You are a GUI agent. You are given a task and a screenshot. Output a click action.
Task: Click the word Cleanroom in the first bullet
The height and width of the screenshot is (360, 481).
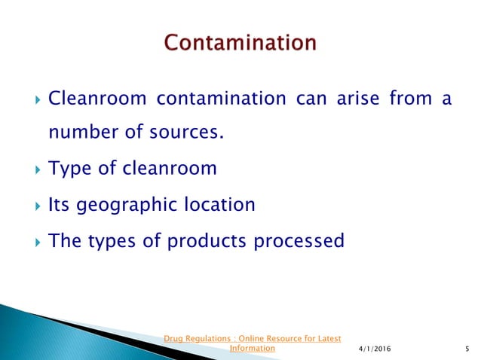coord(90,99)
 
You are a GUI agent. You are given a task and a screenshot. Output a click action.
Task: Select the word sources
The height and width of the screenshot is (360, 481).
coord(190,134)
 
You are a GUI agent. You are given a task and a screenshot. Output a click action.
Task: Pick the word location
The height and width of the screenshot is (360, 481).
coord(219,204)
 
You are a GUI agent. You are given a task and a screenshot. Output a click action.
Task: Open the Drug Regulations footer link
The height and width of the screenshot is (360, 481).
coord(253,338)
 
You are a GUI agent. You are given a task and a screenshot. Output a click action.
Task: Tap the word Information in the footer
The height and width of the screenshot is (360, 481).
coord(252,349)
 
